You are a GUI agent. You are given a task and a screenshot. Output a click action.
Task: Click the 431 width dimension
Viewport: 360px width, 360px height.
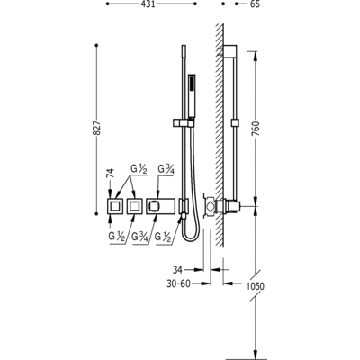tap(148, 4)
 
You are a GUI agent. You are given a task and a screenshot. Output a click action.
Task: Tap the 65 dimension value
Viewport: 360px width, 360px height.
tap(255, 4)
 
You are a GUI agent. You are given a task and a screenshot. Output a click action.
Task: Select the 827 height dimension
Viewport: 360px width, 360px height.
tap(96, 129)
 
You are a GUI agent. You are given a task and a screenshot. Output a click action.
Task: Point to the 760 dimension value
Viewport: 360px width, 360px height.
tap(256, 129)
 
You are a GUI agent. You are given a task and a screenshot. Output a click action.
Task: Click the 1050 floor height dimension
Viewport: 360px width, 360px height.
tap(255, 286)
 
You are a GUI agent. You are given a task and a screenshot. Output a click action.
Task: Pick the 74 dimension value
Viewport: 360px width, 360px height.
tap(111, 174)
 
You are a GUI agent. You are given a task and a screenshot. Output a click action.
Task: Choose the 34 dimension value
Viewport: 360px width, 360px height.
tap(177, 270)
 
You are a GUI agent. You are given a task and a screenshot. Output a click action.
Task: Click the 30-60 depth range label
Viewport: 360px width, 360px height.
tap(178, 283)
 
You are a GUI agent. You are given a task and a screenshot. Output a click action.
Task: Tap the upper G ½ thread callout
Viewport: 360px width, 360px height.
tap(139, 169)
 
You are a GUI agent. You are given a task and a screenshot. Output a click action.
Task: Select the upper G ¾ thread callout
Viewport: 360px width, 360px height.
tap(166, 169)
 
